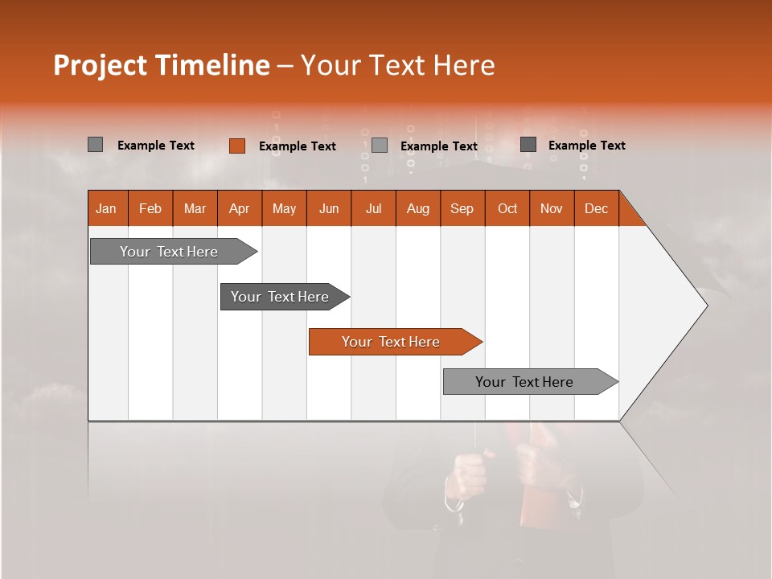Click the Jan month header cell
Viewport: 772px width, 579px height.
(x=107, y=208)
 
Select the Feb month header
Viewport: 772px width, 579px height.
(x=150, y=208)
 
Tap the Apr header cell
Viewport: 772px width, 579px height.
(x=240, y=208)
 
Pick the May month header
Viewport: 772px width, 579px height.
(x=284, y=208)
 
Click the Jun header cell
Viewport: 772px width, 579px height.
(x=329, y=208)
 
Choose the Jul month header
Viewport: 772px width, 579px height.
(x=373, y=208)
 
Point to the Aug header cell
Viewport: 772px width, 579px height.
(x=418, y=208)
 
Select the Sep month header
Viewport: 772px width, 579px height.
(x=462, y=208)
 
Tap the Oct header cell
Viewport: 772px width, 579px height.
(x=507, y=208)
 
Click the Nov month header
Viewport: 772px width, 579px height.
(x=552, y=208)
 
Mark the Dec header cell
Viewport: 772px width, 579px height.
(x=597, y=208)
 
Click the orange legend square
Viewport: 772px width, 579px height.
(x=236, y=146)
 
